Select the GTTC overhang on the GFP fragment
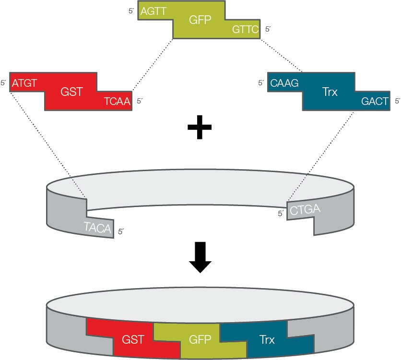click(245, 29)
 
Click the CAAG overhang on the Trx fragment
click(284, 83)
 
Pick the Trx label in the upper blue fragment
click(330, 92)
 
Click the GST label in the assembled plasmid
click(133, 340)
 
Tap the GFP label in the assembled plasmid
click(200, 340)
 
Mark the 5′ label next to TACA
click(121, 232)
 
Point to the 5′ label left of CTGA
click(281, 214)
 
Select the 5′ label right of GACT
click(397, 101)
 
